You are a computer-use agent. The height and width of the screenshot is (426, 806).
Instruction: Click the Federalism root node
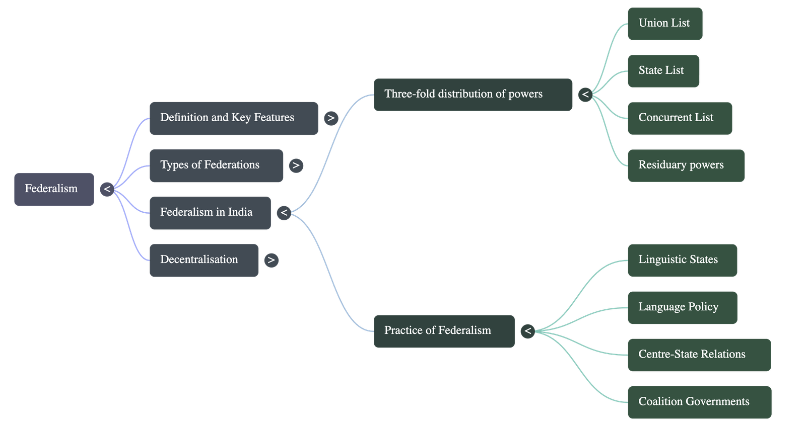tap(54, 189)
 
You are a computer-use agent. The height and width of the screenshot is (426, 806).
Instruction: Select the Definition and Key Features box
tap(233, 118)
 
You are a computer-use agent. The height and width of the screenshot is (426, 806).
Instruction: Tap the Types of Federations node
tap(216, 165)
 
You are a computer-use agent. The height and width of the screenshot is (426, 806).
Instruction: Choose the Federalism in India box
tap(210, 213)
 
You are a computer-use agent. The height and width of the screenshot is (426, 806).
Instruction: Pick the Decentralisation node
tap(204, 260)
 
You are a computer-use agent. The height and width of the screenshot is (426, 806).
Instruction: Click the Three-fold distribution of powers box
tap(473, 95)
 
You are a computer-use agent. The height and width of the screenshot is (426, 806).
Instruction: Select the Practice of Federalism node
tap(444, 331)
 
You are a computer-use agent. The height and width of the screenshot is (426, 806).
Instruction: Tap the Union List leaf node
tap(664, 24)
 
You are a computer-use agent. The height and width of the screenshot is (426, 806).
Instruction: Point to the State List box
tap(663, 71)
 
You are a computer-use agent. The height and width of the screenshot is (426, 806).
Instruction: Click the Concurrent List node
tap(679, 118)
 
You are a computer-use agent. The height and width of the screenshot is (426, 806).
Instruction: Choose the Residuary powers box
tap(686, 165)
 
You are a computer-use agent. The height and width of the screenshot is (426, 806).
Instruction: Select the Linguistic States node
tap(682, 260)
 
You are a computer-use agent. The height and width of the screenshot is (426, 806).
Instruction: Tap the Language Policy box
tap(682, 307)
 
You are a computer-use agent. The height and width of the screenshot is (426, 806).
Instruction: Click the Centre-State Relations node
tap(699, 355)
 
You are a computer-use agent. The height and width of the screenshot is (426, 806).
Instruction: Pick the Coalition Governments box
tap(699, 402)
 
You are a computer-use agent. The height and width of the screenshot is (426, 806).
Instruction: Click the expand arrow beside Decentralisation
tap(271, 260)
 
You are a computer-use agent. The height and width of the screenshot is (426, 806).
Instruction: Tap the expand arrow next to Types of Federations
tap(296, 165)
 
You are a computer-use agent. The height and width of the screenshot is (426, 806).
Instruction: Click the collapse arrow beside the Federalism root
tap(107, 190)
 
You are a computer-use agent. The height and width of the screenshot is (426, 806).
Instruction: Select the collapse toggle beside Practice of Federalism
tap(527, 331)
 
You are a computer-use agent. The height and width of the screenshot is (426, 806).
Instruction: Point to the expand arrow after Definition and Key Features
tap(331, 118)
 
